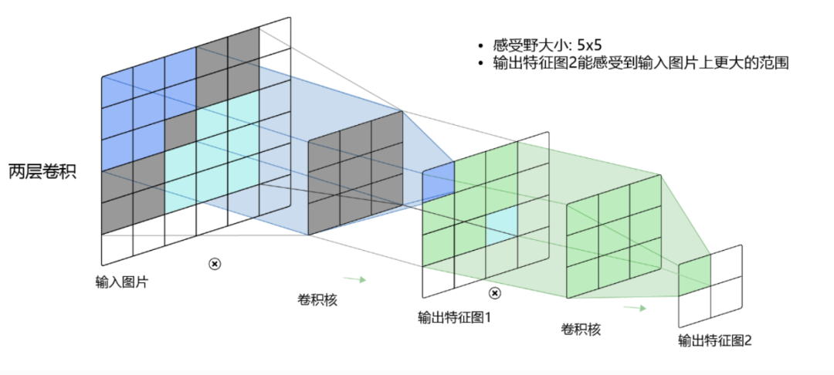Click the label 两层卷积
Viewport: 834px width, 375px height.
[42, 172]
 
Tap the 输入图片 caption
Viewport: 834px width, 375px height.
[122, 282]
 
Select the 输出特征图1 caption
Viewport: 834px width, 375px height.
[454, 318]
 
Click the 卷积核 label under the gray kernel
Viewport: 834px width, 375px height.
[317, 300]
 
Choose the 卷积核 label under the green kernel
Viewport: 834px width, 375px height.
[581, 329]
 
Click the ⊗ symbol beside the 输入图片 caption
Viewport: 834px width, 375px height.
[215, 263]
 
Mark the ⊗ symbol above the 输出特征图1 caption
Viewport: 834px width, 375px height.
[495, 293]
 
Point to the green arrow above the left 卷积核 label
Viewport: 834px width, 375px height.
[354, 279]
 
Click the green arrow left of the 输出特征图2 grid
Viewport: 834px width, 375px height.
[635, 308]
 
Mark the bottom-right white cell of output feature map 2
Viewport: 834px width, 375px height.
[726, 299]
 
